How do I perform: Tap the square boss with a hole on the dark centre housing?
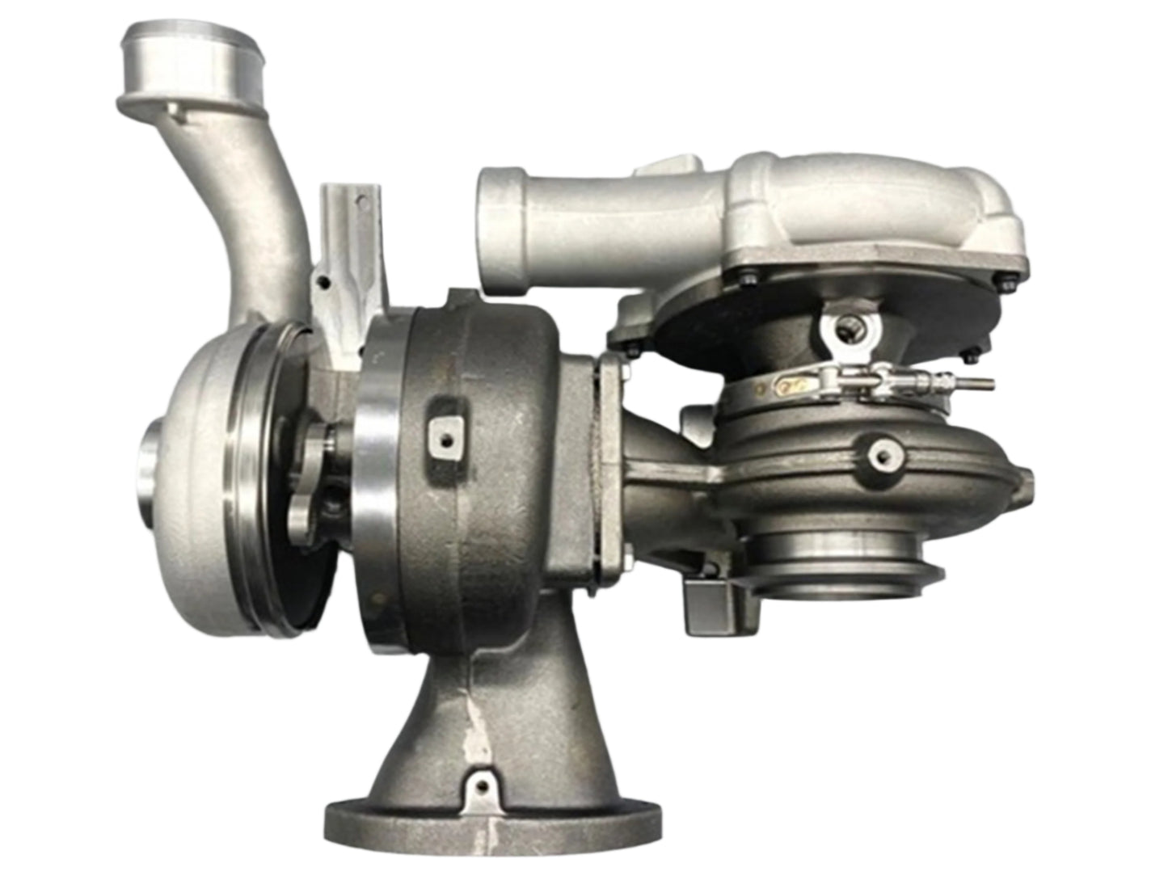(x=443, y=436)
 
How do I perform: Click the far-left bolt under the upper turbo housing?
(x=632, y=347)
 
